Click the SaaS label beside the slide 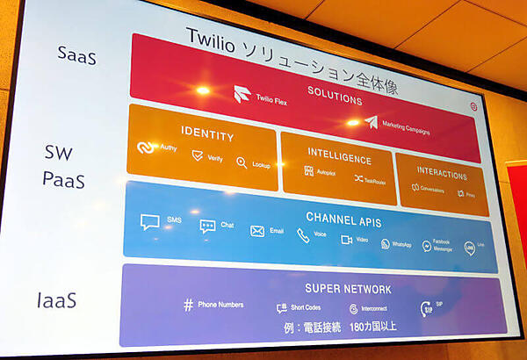[x=76, y=56]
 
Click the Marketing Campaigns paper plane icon [x=371, y=123]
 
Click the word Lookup [x=261, y=165]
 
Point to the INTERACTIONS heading [x=442, y=173]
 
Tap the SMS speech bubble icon [x=149, y=221]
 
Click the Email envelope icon [x=256, y=231]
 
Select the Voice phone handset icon [x=303, y=234]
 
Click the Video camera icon [x=346, y=239]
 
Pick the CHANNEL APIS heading [x=343, y=219]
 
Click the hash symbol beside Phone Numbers [x=188, y=305]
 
